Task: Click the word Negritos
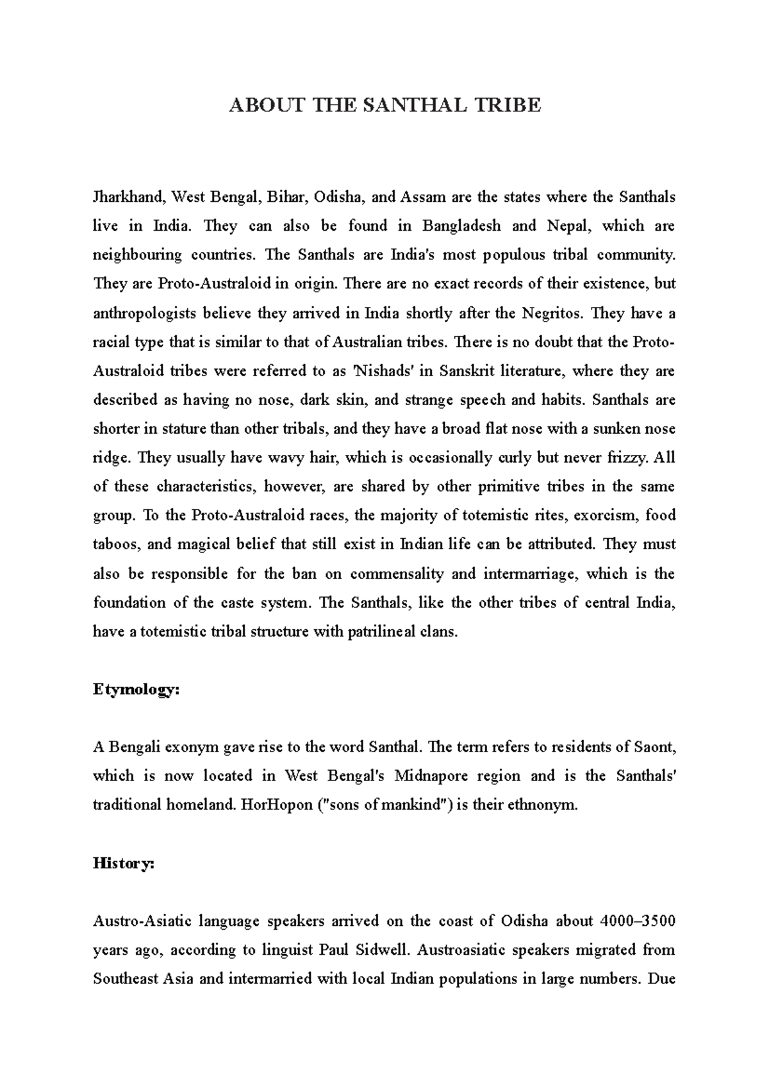click(553, 313)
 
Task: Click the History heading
click(124, 864)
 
